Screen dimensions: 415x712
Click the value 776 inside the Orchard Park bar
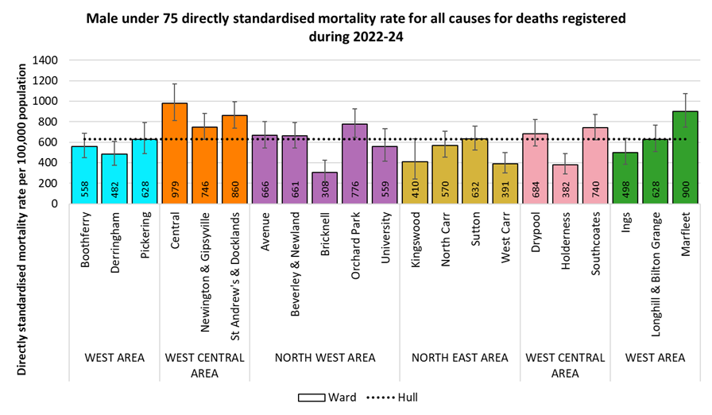[355, 189]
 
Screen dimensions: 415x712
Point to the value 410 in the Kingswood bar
[415, 189]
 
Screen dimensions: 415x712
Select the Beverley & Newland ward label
[295, 262]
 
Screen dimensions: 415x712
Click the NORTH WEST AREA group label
[325, 358]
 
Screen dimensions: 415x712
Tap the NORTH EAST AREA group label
[459, 358]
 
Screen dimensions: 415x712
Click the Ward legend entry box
[308, 397]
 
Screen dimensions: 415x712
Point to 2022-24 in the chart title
[362, 37]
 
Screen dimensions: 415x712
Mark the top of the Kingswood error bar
[415, 139]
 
